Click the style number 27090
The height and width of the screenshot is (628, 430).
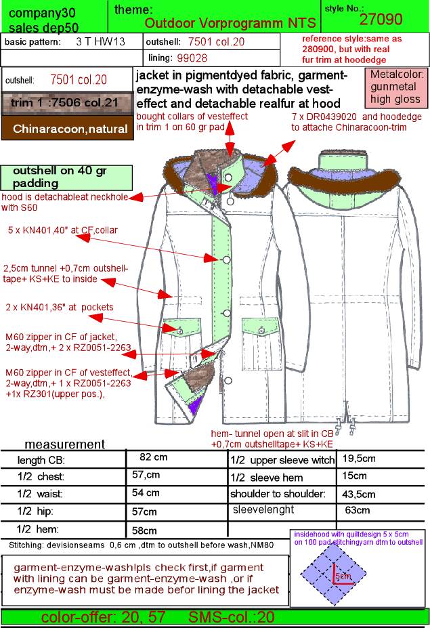point(381,19)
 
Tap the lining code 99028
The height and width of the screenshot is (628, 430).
point(192,58)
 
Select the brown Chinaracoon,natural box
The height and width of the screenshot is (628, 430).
point(67,129)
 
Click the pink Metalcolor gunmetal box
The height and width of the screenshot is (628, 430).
point(395,87)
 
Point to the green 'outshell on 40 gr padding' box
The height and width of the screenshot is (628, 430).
point(66,177)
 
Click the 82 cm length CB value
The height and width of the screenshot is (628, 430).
point(153,457)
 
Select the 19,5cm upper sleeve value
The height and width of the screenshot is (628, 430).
point(359,459)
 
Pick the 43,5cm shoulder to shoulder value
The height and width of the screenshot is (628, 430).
point(358,495)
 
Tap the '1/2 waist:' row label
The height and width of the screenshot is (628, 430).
point(40,494)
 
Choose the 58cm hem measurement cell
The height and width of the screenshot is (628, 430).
point(144,530)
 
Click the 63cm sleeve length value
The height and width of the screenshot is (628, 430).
point(357,510)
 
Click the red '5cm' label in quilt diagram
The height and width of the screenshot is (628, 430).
point(343,576)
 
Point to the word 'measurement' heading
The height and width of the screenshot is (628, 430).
point(64,444)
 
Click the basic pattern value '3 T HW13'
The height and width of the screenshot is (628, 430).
point(100,41)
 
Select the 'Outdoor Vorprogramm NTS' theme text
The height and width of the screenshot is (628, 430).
point(230,23)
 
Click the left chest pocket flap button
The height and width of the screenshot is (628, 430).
point(179,331)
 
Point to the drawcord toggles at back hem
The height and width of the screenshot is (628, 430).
point(345,426)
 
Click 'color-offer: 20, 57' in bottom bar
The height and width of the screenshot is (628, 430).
point(103,617)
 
